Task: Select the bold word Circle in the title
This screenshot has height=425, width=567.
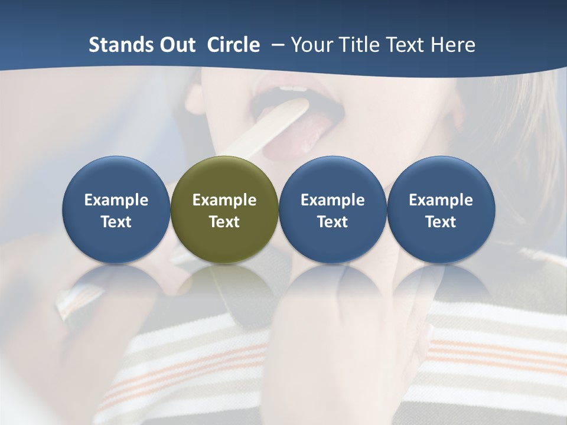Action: click(x=233, y=45)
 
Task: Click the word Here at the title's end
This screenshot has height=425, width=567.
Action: click(x=452, y=45)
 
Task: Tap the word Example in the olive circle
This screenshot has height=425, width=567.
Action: click(x=224, y=200)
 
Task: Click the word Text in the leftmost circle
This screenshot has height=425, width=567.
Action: click(x=116, y=222)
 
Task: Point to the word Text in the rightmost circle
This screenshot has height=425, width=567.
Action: click(x=441, y=222)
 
